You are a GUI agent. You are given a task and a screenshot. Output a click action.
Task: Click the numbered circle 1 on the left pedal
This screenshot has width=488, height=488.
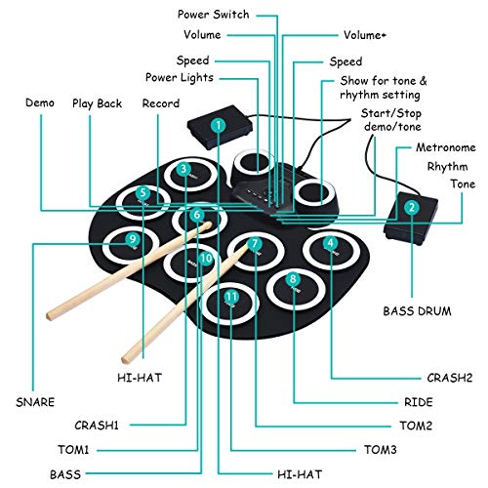[x=219, y=125]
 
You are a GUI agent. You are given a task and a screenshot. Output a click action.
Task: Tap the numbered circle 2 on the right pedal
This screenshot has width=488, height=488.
[x=413, y=207]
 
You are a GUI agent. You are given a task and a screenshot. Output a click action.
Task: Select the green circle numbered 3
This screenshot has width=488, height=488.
[x=183, y=169]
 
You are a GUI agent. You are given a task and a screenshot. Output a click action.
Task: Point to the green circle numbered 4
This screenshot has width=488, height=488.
[x=331, y=243]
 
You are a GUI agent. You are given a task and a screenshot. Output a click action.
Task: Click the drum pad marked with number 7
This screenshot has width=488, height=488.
[x=254, y=245]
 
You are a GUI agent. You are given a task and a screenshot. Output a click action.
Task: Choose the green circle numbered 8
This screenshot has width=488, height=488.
[x=293, y=280]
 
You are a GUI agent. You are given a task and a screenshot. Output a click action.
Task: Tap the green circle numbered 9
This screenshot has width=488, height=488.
[x=132, y=237]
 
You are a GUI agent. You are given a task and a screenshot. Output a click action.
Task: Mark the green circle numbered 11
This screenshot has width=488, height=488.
[x=231, y=297]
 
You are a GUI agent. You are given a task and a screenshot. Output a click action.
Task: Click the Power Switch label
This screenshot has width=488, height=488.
[x=213, y=15]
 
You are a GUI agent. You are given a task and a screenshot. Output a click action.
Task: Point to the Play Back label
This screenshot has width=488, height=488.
[x=94, y=102]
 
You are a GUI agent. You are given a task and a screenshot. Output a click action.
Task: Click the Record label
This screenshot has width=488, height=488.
[x=160, y=102]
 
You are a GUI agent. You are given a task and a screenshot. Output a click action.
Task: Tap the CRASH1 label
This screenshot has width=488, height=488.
[x=101, y=425]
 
